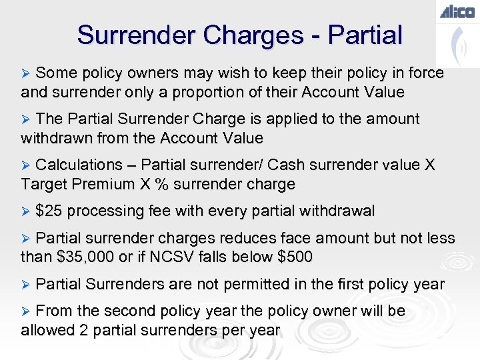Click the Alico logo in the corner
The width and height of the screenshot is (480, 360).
coord(457,11)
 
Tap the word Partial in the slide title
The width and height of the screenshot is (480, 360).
coord(366,35)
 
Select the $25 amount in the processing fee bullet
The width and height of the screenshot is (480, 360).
coord(49,211)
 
